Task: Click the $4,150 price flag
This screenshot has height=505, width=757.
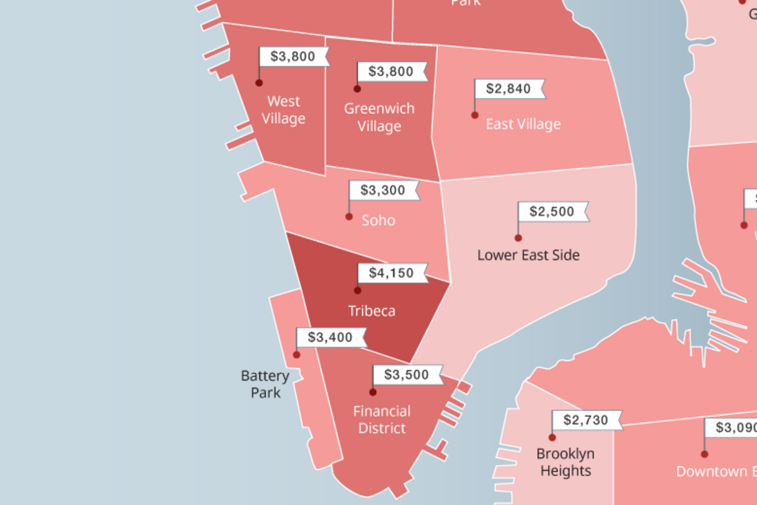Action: pos(391,273)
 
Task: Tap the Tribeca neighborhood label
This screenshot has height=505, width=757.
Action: pos(372,311)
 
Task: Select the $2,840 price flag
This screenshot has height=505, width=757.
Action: pos(509,89)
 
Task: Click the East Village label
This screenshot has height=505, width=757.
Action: pos(523,124)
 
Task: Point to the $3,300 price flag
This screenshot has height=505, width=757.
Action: pos(383,190)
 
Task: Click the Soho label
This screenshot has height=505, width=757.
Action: pos(378,220)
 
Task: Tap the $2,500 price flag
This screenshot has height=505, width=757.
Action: pos(551,212)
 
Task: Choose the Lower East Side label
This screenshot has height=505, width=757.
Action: pos(528,255)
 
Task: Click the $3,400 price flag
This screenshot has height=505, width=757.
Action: pos(330,337)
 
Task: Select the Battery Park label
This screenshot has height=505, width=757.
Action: pos(265,384)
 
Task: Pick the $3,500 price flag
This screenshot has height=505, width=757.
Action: pos(407,375)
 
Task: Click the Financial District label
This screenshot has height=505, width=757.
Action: pos(382,420)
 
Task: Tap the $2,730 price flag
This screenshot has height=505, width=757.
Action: pos(585,420)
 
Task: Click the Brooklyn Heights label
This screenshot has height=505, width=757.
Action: pos(565,462)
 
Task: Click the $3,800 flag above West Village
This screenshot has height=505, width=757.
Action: pos(293,56)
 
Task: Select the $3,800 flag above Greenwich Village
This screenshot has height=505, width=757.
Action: pos(391,72)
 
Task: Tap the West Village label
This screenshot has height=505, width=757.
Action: pos(283,110)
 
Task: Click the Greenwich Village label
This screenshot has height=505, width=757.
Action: pos(379,117)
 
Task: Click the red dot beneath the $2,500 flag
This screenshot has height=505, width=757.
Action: pos(518,238)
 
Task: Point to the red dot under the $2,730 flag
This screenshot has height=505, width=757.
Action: pos(552,437)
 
